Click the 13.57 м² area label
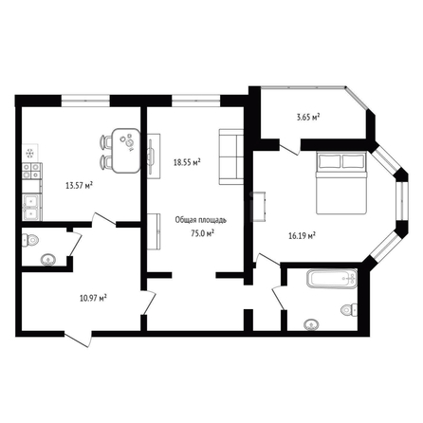[x=79, y=185]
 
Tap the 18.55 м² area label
[x=187, y=162]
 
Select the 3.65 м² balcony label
[x=307, y=118]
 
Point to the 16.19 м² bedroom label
[x=303, y=235]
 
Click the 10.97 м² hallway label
[x=93, y=298]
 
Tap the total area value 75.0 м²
[x=201, y=233]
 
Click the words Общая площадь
[x=201, y=220]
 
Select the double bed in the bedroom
[x=340, y=183]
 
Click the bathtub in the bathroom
[x=332, y=278]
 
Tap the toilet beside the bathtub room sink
[x=349, y=309]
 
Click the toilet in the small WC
[x=30, y=240]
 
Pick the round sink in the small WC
[x=48, y=260]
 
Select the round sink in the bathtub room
[x=311, y=324]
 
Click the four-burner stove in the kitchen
[x=31, y=171]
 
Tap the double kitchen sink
[x=31, y=207]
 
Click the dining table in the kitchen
[x=126, y=151]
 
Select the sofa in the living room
[x=230, y=156]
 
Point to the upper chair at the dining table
[x=106, y=141]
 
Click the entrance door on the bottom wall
[x=78, y=339]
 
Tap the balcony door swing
[x=289, y=148]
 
